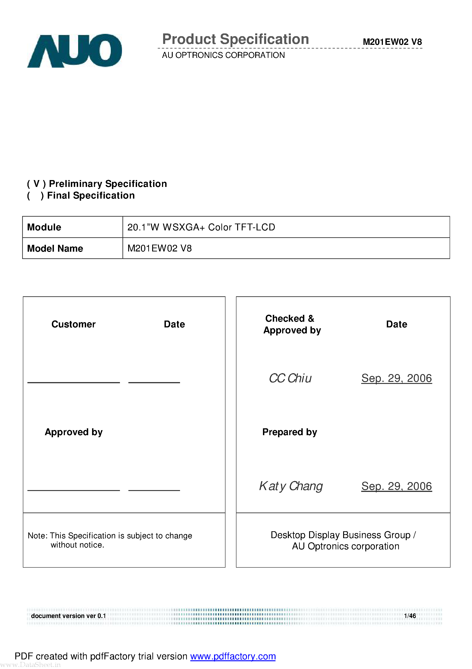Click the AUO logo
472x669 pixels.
pyautogui.click(x=74, y=51)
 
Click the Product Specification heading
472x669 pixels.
pyautogui.click(x=235, y=39)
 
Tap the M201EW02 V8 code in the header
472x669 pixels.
pyautogui.click(x=392, y=42)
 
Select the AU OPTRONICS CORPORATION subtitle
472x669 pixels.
pyautogui.click(x=223, y=55)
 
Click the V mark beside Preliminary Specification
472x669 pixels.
pyautogui.click(x=36, y=183)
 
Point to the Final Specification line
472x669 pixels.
pyautogui.click(x=90, y=196)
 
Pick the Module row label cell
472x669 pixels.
pyautogui.click(x=72, y=227)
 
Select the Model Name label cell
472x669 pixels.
pyautogui.click(x=72, y=248)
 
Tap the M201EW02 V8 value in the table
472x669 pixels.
pyautogui.click(x=159, y=248)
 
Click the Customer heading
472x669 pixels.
pyautogui.click(x=73, y=324)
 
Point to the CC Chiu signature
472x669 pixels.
pyautogui.click(x=290, y=378)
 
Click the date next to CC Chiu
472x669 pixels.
pyautogui.click(x=396, y=378)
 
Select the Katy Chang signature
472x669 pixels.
pyautogui.click(x=291, y=486)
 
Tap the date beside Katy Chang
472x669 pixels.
pyautogui.click(x=396, y=486)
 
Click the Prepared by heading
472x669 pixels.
pyautogui.click(x=289, y=432)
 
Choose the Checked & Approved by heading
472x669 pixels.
pyautogui.click(x=292, y=324)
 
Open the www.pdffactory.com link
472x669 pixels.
pyautogui.click(x=233, y=656)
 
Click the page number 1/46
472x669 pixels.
pyautogui.click(x=410, y=616)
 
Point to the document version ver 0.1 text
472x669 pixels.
pyautogui.click(x=68, y=616)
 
